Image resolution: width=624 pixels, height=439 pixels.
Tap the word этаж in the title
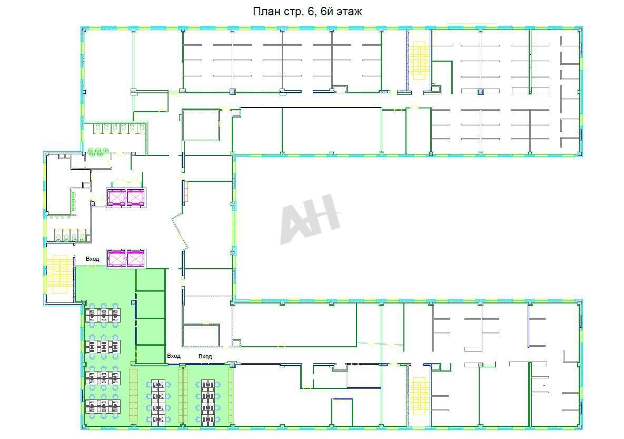pos(349,12)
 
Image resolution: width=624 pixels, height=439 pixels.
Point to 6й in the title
pos(326,11)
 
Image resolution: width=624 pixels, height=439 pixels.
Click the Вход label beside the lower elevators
pos(92,259)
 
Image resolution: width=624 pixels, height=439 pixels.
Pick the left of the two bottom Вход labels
pos(174,356)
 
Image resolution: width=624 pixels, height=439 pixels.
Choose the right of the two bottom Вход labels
pos(205,357)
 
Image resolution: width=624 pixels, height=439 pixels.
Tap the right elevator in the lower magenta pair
pos(136,259)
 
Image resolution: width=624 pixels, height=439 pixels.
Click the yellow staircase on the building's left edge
pos(60,275)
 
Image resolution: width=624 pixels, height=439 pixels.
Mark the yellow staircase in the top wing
pos(419,60)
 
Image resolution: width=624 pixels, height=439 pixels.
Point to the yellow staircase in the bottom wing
pos(419,396)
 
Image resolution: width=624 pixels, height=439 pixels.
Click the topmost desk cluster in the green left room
pos(103,316)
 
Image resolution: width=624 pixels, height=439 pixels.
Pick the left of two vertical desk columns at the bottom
pos(159,403)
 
